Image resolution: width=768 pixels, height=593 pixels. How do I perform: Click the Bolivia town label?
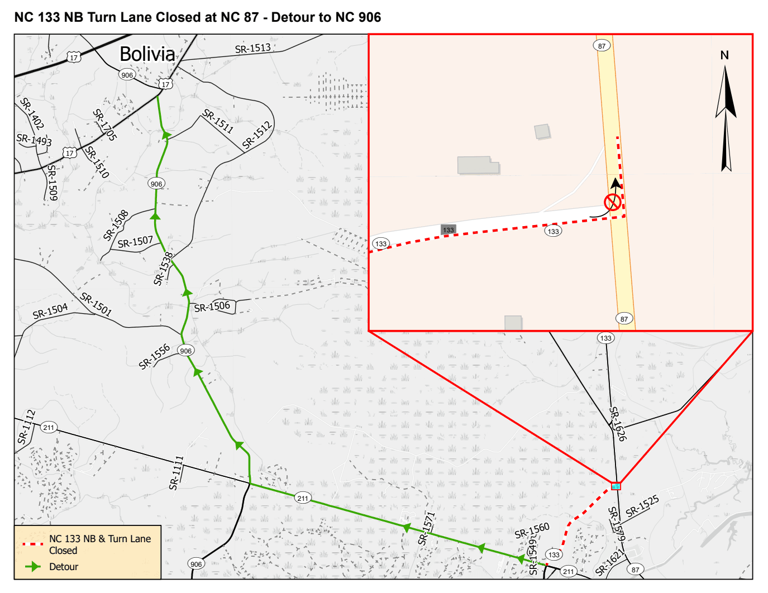point(147,54)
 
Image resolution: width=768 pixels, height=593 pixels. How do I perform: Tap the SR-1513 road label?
point(252,49)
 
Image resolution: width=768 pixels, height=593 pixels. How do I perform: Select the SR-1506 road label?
point(212,307)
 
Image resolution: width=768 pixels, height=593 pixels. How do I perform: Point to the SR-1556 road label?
point(154,356)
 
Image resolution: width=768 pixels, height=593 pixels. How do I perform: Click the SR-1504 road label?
point(50,311)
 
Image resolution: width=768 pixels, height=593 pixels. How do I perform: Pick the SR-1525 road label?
point(642,506)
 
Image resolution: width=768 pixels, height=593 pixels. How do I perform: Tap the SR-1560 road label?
point(532,530)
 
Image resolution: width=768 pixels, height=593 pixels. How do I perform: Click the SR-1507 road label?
point(135,242)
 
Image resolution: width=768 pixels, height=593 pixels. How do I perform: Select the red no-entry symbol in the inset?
point(612,202)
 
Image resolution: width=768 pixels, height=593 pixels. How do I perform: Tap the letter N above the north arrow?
point(724,55)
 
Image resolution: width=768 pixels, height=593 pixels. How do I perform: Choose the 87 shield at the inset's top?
point(602,46)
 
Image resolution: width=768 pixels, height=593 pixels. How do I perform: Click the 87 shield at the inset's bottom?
point(624,319)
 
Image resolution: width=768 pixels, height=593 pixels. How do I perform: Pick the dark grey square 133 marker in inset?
point(449,229)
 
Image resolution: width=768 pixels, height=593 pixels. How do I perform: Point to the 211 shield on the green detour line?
point(302,498)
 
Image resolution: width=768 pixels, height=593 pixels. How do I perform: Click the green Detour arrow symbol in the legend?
point(34,567)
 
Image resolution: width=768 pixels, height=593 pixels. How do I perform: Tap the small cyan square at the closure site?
point(616,486)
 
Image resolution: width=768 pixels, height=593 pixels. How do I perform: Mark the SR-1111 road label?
point(177,473)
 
